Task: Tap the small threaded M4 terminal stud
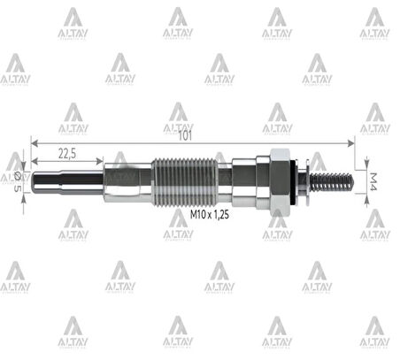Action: (x=332, y=180)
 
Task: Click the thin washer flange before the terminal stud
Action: (x=304, y=180)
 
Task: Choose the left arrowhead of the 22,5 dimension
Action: (x=33, y=160)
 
